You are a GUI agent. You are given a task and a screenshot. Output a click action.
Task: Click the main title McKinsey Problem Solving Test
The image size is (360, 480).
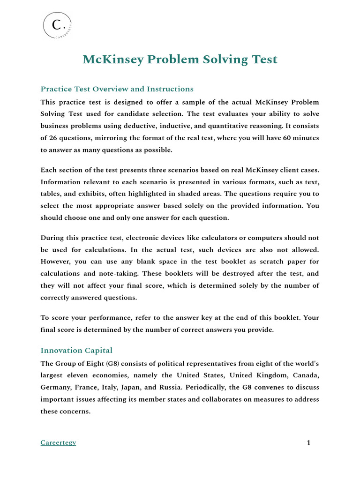click(180, 60)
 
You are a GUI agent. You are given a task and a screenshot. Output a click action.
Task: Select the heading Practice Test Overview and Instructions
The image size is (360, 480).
click(117, 89)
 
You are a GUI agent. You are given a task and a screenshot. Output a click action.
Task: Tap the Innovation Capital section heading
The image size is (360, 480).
click(76, 351)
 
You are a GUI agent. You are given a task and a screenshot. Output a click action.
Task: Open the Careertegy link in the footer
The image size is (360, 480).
click(58, 442)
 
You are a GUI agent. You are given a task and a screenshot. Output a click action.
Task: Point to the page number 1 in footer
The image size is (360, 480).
click(308, 442)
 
